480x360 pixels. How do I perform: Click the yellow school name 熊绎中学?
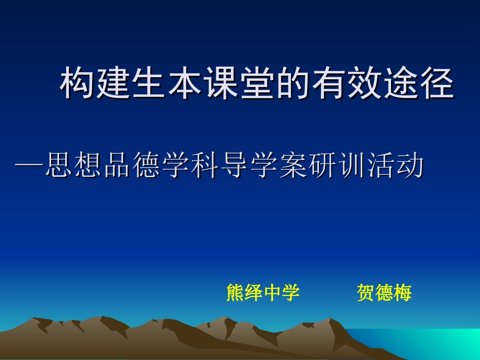[263, 292]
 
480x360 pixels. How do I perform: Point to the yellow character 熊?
[235, 292]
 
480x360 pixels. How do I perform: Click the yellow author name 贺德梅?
[384, 292]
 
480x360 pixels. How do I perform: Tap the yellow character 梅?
[403, 292]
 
